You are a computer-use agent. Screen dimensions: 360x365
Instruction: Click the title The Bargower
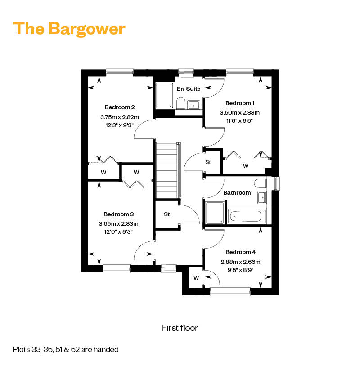point(69,29)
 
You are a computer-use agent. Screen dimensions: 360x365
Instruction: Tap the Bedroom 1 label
point(240,103)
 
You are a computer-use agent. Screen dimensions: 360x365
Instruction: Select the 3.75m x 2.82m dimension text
point(120,117)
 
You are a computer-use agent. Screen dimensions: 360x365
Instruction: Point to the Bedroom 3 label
point(119,214)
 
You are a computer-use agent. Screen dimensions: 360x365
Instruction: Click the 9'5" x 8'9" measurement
point(240,270)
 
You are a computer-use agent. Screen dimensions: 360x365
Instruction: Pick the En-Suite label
point(188,89)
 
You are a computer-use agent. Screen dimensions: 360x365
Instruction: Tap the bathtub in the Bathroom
point(247,216)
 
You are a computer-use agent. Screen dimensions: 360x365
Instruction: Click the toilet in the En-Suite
point(180,103)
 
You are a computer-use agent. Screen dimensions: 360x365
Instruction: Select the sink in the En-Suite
point(193,105)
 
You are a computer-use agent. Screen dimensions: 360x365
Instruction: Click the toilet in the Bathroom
point(260,183)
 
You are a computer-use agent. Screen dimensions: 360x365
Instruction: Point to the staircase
point(167,171)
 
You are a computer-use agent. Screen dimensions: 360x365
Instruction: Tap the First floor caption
point(180,328)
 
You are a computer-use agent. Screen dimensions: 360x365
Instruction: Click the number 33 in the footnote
point(36,349)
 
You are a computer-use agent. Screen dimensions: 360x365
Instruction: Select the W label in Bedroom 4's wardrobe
point(196,278)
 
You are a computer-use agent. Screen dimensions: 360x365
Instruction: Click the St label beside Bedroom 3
point(167,214)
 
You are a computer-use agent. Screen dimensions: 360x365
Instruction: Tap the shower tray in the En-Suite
point(165,96)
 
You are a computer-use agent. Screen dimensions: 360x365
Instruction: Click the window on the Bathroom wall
point(276,183)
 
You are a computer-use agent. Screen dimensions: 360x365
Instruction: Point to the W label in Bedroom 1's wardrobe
point(246,166)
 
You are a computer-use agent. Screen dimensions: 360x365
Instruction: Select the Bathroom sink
point(262,198)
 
